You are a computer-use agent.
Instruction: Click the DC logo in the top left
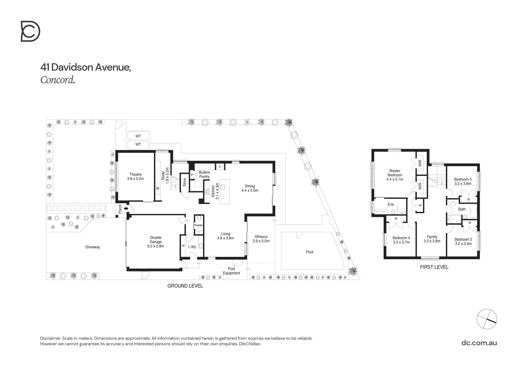(31, 31)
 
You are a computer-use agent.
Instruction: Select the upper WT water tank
(138, 136)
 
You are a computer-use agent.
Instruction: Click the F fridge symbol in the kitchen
(220, 167)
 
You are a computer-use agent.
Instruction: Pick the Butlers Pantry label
(204, 175)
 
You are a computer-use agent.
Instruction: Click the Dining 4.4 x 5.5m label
(250, 188)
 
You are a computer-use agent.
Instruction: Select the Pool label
(310, 252)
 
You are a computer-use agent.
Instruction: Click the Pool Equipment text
(232, 271)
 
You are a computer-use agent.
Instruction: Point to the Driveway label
(93, 247)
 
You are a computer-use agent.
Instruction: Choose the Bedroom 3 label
(463, 181)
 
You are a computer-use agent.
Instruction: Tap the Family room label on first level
(432, 239)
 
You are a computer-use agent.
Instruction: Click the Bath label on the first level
(462, 209)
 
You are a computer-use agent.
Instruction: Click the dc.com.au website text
(479, 343)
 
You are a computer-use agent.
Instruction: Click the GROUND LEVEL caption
(185, 286)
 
